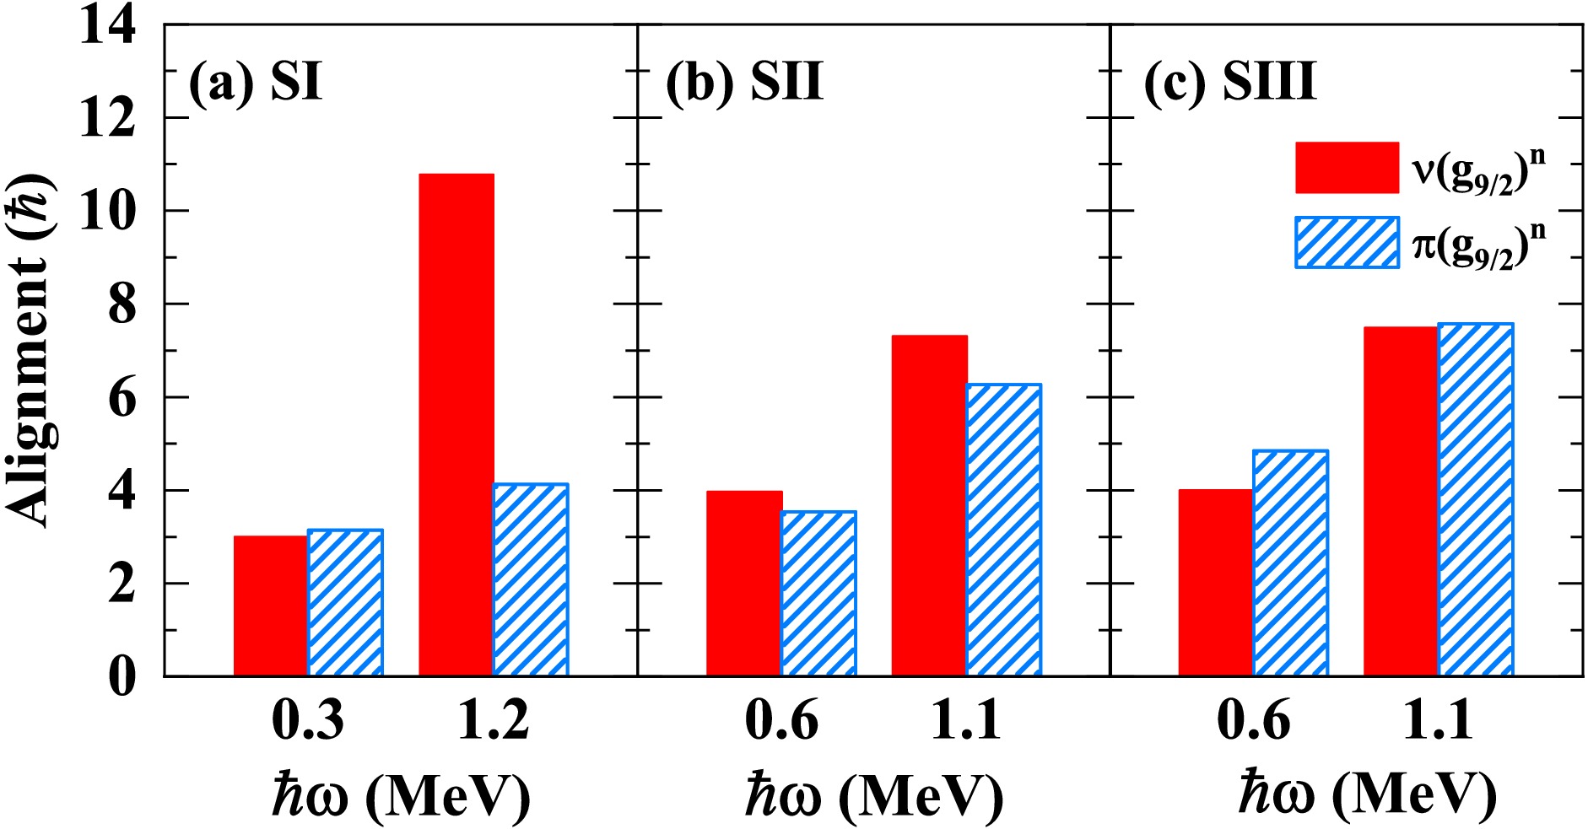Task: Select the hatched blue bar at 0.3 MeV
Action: (345, 602)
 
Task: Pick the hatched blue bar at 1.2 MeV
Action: (531, 579)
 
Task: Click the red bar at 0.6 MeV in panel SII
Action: (744, 583)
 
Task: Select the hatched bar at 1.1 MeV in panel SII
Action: (1003, 530)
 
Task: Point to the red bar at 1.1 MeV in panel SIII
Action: (1401, 501)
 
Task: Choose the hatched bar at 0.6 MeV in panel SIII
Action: (1290, 563)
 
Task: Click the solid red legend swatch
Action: (1347, 167)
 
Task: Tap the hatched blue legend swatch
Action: (1347, 243)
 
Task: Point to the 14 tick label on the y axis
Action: (107, 25)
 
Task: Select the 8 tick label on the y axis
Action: (122, 304)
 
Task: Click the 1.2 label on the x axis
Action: (494, 721)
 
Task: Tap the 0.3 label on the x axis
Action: (308, 721)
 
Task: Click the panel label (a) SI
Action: (256, 83)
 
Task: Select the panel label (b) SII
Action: (744, 83)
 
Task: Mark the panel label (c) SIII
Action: (1229, 83)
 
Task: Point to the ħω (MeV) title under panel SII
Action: (873, 794)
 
